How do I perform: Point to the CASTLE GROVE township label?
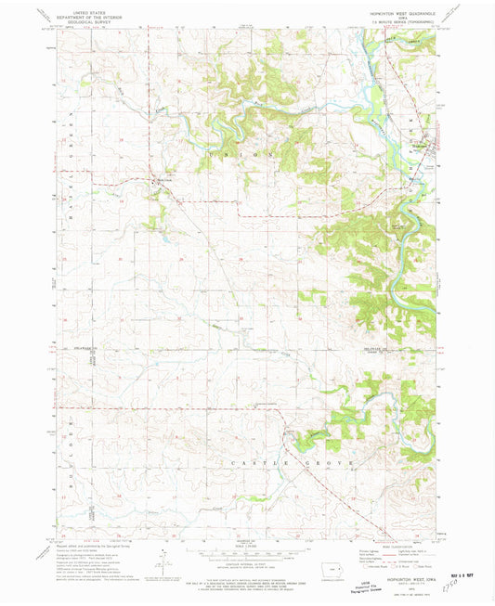click(260, 461)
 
